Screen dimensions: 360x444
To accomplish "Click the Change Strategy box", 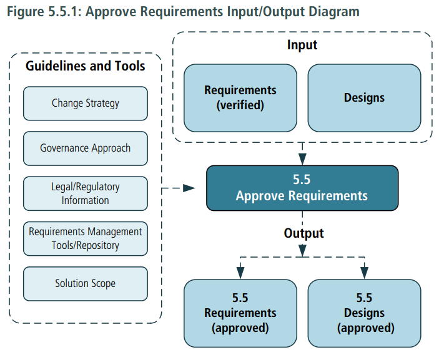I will pos(86,104).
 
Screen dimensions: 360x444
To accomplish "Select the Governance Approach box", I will pos(86,148).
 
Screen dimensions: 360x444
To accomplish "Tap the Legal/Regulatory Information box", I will pos(86,193).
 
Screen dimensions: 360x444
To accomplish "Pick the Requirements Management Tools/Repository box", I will pos(86,238).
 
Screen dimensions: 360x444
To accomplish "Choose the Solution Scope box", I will pos(86,283).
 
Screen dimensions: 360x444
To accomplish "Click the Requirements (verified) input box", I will pos(240,98).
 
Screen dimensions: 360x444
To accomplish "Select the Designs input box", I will pos(364,98).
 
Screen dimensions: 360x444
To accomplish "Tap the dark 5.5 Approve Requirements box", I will pos(302,187).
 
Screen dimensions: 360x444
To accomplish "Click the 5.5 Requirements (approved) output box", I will pos(240,313).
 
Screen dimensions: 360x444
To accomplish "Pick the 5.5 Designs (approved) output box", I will pos(364,313).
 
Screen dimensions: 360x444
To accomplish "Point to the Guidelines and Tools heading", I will pos(86,66).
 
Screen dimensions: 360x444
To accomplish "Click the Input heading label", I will pos(302,45).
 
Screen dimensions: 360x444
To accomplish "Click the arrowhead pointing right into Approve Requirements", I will pos(190,187).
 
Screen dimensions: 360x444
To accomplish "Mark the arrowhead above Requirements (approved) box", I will pos(240,272).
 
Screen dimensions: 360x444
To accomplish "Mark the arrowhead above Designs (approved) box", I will pos(364,272).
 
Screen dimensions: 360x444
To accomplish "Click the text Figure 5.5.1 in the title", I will pos(43,12).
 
